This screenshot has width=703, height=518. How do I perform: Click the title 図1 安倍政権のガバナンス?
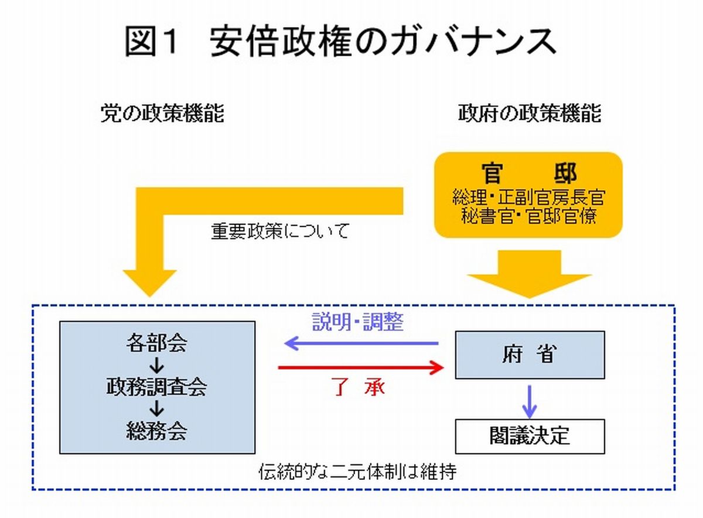click(x=340, y=42)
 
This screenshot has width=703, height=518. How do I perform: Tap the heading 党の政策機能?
click(x=162, y=114)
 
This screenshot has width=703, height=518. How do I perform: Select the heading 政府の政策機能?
click(x=530, y=114)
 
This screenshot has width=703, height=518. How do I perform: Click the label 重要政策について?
click(x=279, y=231)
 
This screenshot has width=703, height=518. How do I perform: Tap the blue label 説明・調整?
click(x=357, y=322)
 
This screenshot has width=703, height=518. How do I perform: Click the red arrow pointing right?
click(x=360, y=368)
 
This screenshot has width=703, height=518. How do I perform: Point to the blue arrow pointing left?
click(x=360, y=343)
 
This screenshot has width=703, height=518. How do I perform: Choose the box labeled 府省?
click(x=530, y=355)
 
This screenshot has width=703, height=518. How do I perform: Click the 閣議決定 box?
click(x=530, y=436)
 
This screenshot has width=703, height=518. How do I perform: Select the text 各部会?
click(x=156, y=343)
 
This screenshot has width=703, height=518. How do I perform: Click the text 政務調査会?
click(x=156, y=387)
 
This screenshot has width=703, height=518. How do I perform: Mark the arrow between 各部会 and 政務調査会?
click(x=156, y=366)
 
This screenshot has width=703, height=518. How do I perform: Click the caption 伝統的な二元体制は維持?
click(x=357, y=472)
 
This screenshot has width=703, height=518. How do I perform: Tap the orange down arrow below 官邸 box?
click(x=529, y=273)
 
